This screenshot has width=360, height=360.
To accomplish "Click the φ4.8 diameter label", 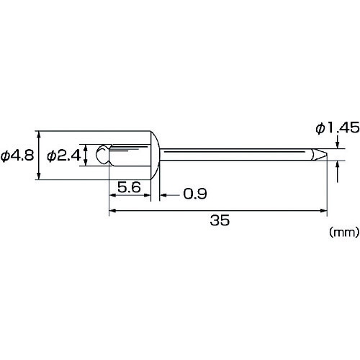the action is [17, 156].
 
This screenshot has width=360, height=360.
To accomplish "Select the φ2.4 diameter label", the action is [64, 156].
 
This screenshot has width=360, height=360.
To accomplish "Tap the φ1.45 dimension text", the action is [338, 128].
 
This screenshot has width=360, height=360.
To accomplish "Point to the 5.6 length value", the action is [129, 187].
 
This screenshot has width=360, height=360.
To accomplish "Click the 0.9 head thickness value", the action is [195, 193].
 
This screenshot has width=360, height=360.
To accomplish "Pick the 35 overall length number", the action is [220, 220].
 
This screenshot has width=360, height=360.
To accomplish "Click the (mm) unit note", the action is [344, 232].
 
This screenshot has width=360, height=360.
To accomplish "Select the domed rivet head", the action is [155, 155].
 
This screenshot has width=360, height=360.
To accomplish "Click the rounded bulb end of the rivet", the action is [103, 155].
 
